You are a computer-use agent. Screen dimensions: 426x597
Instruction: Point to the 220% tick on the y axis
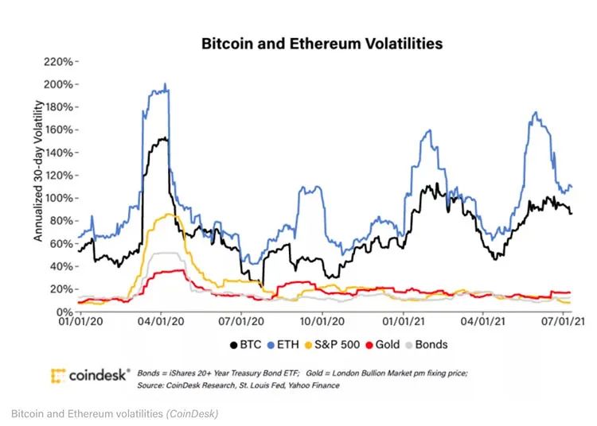tap(60, 61)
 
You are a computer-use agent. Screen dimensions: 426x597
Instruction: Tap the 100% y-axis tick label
tap(60, 198)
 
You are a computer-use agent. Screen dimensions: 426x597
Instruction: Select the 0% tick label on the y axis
tap(66, 312)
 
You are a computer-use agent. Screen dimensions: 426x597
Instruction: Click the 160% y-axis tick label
tap(60, 130)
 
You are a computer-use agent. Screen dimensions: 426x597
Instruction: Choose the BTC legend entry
tap(247, 345)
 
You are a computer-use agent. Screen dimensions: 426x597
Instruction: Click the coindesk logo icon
tap(57, 375)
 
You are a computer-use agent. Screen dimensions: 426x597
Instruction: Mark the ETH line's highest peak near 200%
tap(165, 84)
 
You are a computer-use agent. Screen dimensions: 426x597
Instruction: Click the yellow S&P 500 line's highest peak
tap(169, 213)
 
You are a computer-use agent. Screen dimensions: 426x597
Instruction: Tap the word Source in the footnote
tap(152, 385)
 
